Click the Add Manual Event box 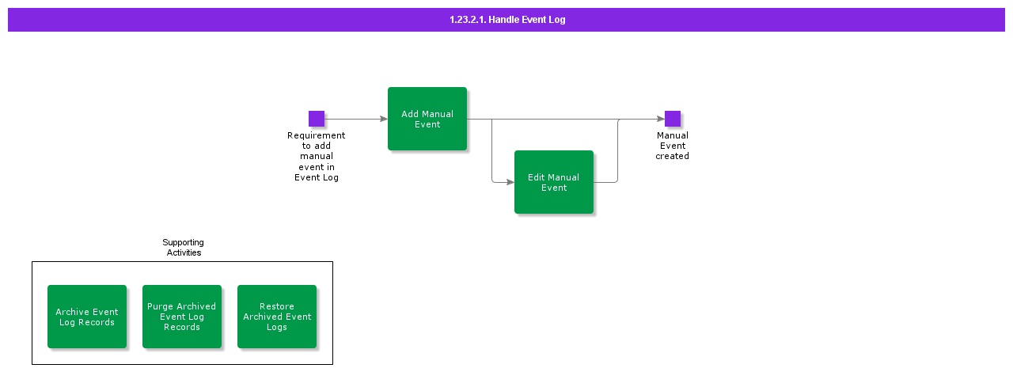(x=427, y=119)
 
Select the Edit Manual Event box (x=554, y=182)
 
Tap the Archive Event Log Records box (x=87, y=317)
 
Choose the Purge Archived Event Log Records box (x=182, y=317)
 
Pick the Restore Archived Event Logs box (x=277, y=317)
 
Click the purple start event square (x=317, y=119)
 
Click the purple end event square (x=673, y=119)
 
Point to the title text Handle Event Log (x=527, y=20)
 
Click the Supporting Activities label (x=183, y=248)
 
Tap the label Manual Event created (x=672, y=146)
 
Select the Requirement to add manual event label (x=317, y=157)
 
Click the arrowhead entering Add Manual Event (x=384, y=119)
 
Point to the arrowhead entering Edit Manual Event (x=510, y=182)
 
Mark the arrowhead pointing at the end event (x=661, y=119)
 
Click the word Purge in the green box (x=161, y=306)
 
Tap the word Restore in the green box (x=277, y=306)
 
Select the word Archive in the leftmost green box (x=71, y=312)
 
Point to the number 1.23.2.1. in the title (x=468, y=20)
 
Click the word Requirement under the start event (x=317, y=135)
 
